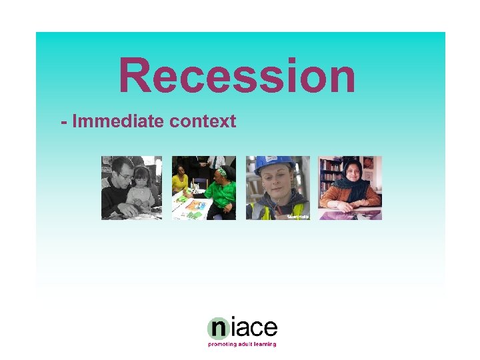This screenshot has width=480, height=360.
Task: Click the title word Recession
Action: pyautogui.click(x=237, y=75)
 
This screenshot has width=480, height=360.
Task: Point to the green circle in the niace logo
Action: pyautogui.click(x=218, y=328)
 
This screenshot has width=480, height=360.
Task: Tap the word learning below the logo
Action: pyautogui.click(x=264, y=344)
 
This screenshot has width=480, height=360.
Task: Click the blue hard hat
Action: pyautogui.click(x=274, y=165)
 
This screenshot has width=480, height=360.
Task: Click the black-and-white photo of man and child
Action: pyautogui.click(x=131, y=188)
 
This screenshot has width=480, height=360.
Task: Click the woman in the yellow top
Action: pyautogui.click(x=180, y=181)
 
